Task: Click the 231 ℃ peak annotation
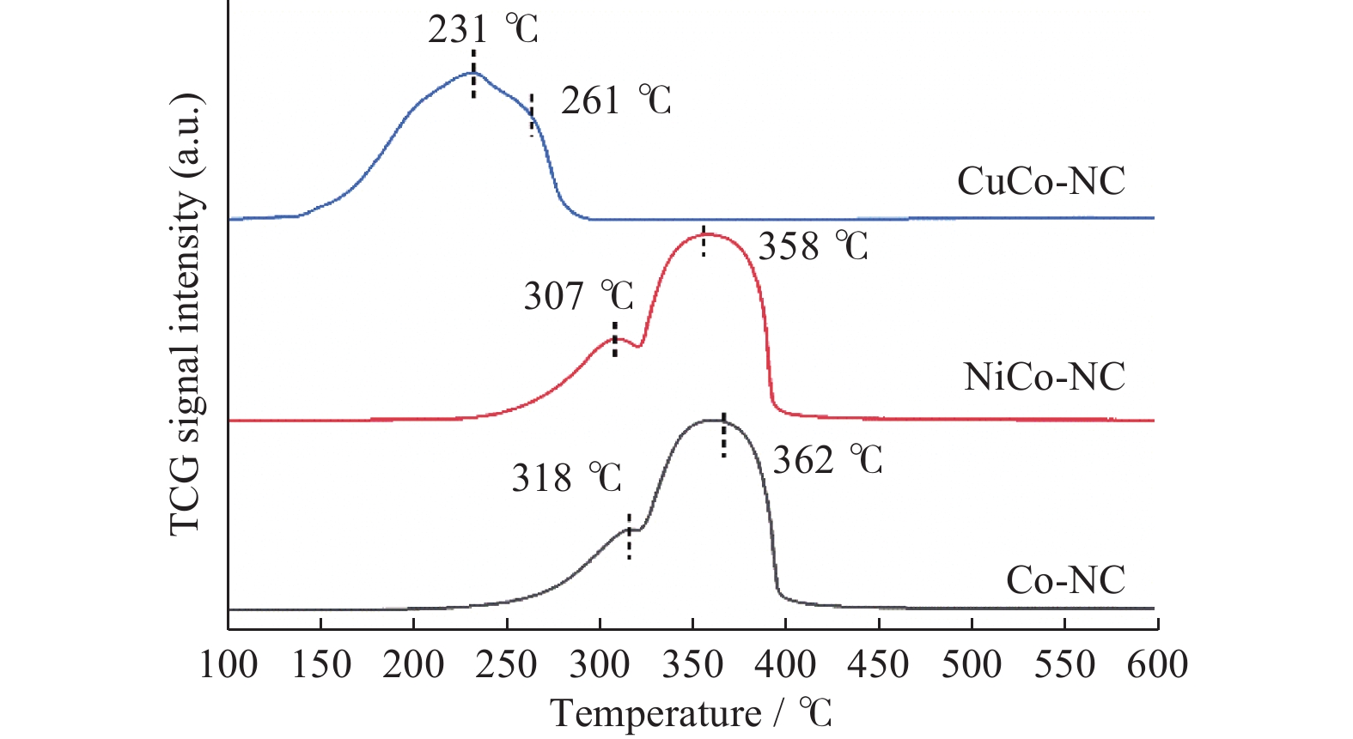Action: [483, 30]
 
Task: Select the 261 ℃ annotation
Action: [615, 101]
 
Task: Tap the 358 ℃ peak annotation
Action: [813, 247]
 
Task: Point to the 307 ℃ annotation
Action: [578, 297]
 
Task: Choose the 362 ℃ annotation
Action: [827, 461]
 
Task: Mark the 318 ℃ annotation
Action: [566, 478]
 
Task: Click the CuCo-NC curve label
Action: [1040, 181]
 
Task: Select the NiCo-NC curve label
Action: [1044, 377]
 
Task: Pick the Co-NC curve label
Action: [1065, 581]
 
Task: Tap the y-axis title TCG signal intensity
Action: [186, 313]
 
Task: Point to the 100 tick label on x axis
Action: [229, 665]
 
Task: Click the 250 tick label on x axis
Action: [507, 665]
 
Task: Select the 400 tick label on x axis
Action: [786, 665]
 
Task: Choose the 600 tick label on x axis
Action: [1157, 665]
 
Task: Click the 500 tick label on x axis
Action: [972, 665]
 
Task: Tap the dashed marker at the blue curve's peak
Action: [473, 74]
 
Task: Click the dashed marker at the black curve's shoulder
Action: [629, 536]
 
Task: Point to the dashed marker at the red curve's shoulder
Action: [614, 339]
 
